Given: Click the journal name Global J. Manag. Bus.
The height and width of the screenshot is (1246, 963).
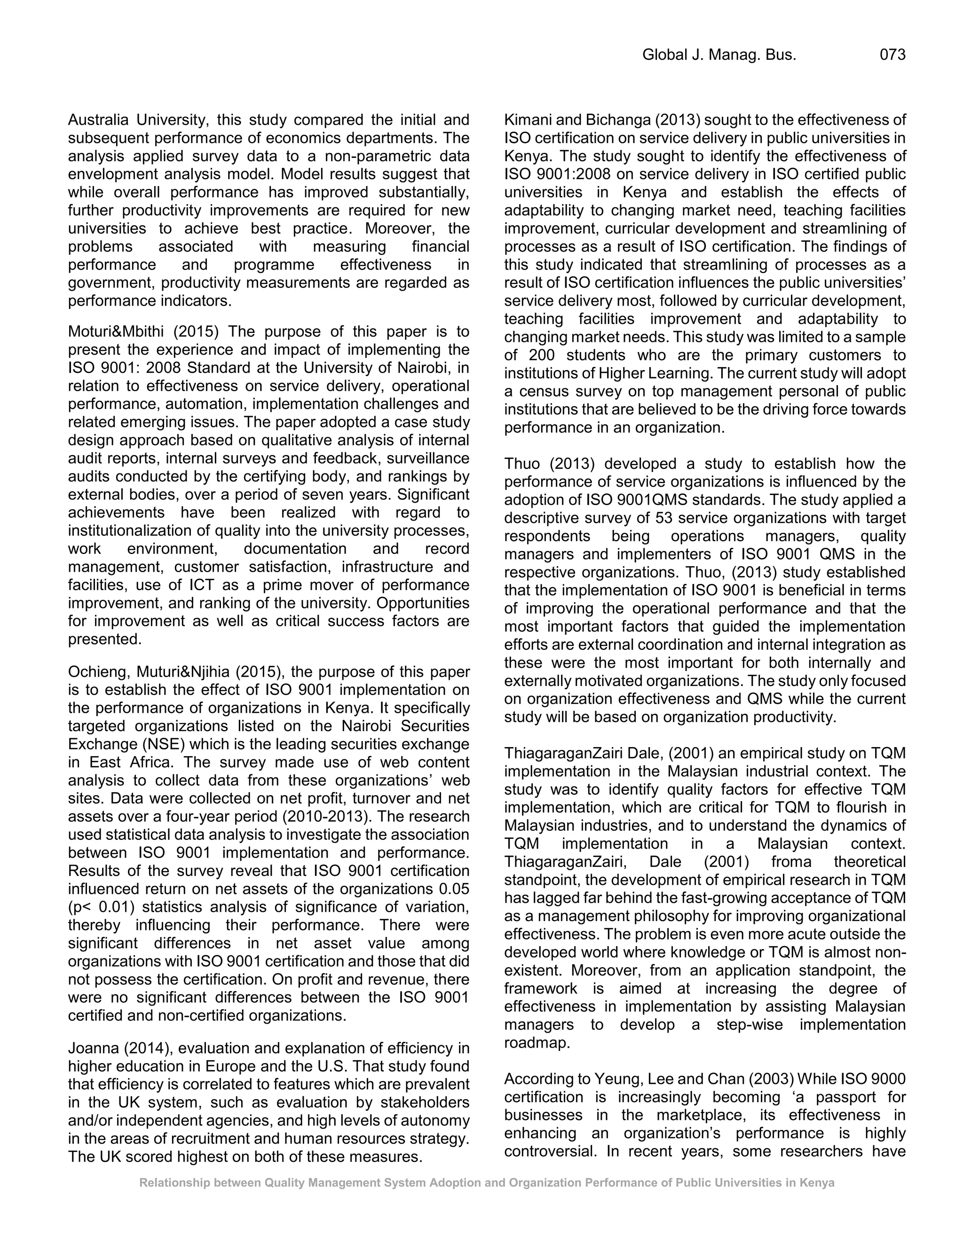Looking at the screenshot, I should coord(719,55).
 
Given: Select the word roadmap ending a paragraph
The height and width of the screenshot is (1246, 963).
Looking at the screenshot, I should coord(536,1043).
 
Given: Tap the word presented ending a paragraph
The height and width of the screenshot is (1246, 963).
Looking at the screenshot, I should coord(104,639).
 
